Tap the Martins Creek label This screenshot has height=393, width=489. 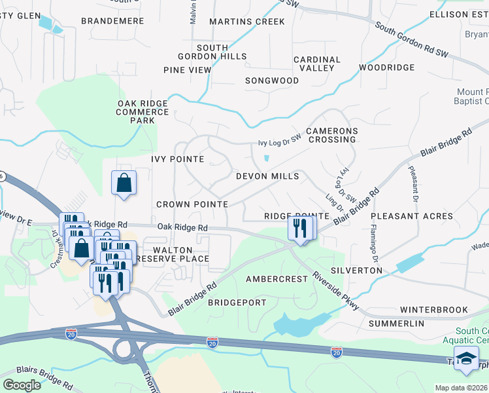(x=247, y=22)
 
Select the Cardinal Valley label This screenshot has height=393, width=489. (x=317, y=64)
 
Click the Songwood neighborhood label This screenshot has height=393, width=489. (x=272, y=81)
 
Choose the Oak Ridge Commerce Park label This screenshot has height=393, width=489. (x=143, y=112)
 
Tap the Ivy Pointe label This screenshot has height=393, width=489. (x=178, y=159)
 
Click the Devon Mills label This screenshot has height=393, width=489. (x=267, y=176)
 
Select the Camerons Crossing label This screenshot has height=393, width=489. (x=332, y=136)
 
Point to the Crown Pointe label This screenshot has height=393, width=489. (x=192, y=204)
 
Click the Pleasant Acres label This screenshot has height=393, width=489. (x=412, y=216)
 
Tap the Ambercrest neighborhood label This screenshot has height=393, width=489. (x=277, y=279)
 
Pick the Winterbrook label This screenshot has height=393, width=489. (x=434, y=309)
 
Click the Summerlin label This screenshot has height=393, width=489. (x=396, y=324)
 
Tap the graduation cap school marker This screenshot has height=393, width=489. (x=466, y=360)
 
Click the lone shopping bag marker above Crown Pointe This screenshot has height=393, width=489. (x=124, y=184)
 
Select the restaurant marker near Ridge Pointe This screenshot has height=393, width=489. (x=299, y=229)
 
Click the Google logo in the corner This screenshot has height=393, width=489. (x=22, y=385)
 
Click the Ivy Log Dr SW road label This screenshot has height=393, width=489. (x=279, y=142)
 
